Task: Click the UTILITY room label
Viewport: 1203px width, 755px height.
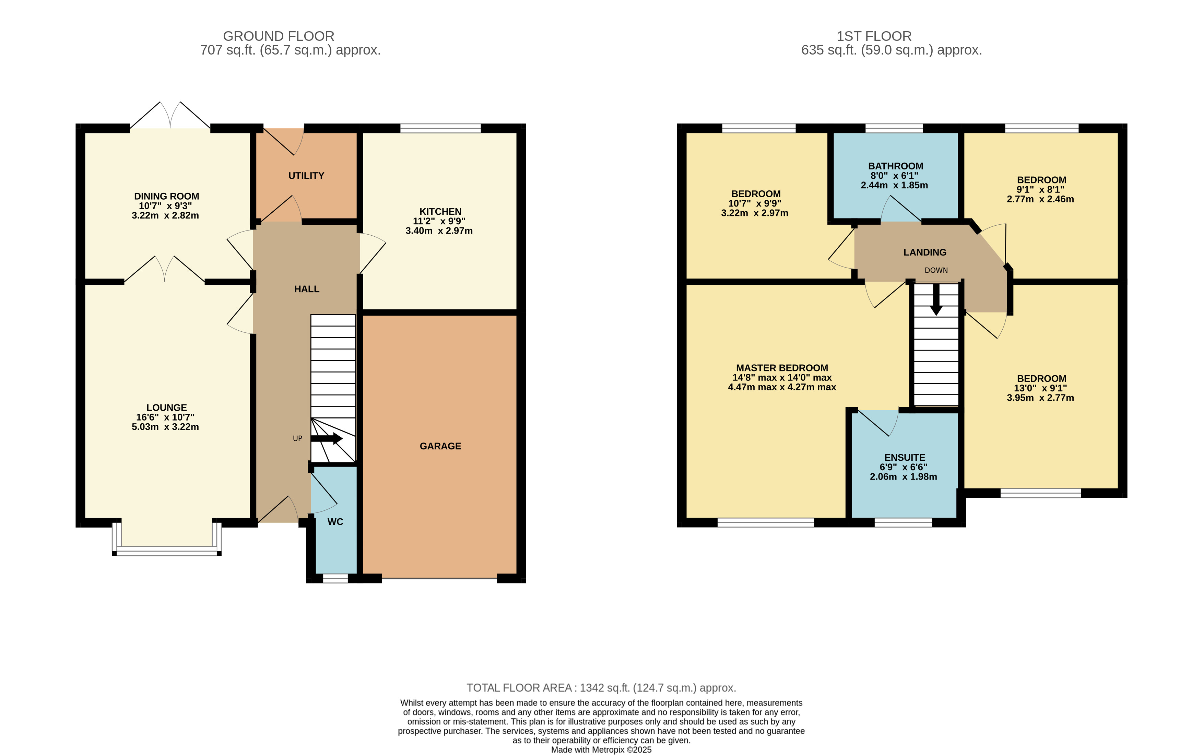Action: click(306, 176)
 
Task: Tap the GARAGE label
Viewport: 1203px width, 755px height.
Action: click(440, 446)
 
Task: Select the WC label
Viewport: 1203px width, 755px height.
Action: click(335, 522)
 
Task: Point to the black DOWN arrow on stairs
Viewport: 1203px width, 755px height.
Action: click(936, 299)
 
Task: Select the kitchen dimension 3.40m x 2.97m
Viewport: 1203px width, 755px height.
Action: click(439, 231)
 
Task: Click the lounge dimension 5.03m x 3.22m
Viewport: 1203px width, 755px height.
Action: click(165, 427)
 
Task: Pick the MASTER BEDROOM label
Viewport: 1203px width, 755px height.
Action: click(782, 368)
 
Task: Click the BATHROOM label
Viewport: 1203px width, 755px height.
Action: click(895, 166)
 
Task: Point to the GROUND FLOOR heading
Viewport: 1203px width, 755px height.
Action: click(279, 36)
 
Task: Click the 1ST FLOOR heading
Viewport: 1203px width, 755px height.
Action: click(874, 36)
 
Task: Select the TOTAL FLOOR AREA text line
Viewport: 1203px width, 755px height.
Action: click(601, 688)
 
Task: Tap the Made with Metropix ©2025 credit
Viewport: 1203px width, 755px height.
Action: click(601, 750)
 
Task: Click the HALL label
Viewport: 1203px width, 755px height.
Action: click(307, 289)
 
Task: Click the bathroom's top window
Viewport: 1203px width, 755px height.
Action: click(894, 128)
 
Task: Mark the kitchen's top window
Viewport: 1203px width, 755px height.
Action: click(440, 128)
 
